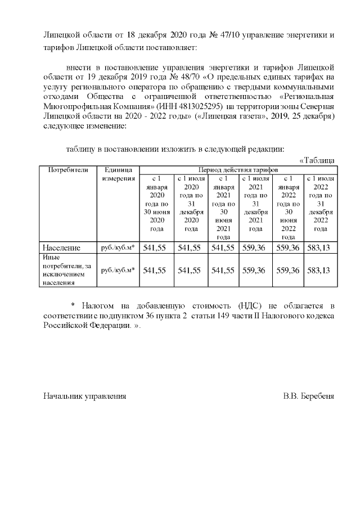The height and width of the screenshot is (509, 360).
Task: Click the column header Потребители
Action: [68, 169]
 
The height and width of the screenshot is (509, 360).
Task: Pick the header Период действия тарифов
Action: [238, 169]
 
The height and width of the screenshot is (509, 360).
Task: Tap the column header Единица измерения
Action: [118, 174]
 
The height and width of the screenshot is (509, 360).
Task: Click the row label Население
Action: [62, 247]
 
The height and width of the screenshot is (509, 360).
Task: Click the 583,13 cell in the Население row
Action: [319, 247]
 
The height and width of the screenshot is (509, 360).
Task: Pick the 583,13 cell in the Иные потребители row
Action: [319, 271]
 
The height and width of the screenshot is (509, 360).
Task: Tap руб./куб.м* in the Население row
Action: [118, 247]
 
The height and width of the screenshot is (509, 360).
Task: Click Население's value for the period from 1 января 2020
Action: [155, 247]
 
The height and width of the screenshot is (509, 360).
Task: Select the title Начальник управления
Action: [85, 396]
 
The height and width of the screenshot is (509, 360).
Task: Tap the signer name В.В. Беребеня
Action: [309, 396]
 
